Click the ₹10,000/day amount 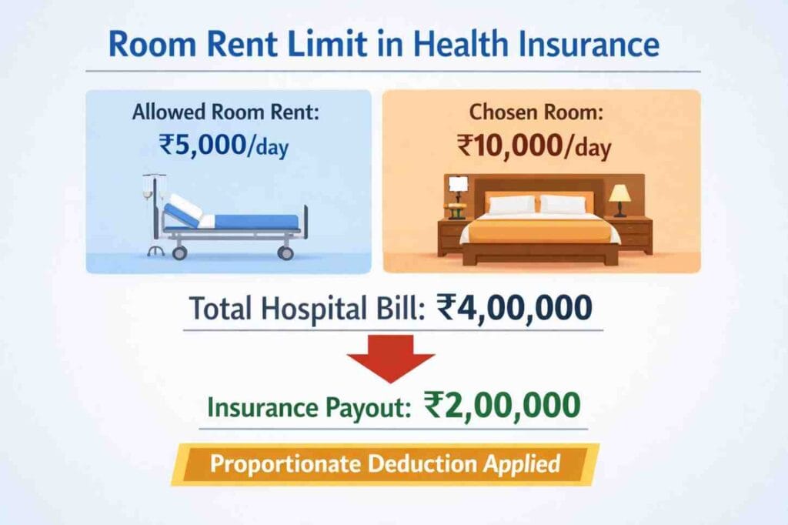point(534,144)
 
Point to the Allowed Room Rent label point(225,112)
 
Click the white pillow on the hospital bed point(185,207)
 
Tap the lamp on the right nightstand point(619,199)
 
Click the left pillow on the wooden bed point(511,204)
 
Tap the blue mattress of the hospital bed point(254,222)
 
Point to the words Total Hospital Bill point(306,309)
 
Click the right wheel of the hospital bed point(285,252)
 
